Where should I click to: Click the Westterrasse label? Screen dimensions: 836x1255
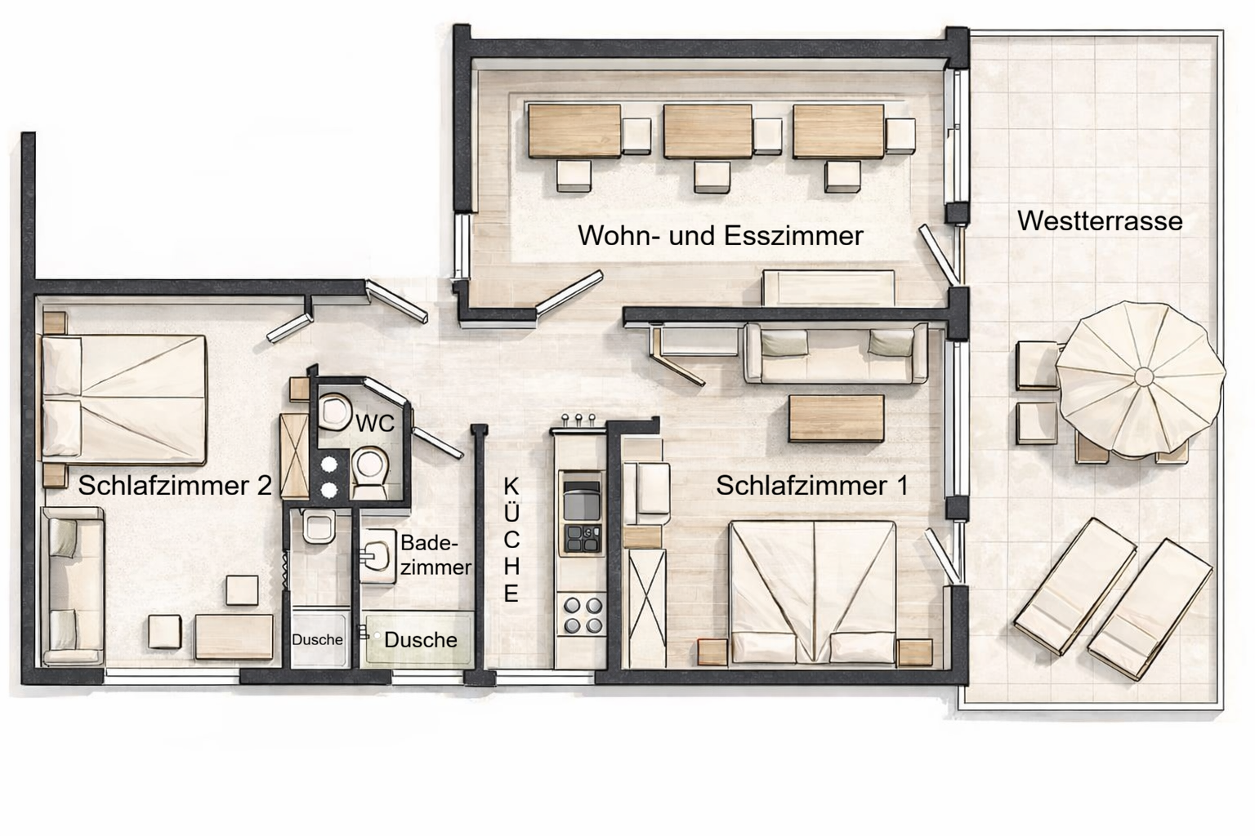pos(1100,221)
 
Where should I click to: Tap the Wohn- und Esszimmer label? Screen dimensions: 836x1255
pos(720,236)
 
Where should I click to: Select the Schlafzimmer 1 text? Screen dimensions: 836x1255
pos(812,486)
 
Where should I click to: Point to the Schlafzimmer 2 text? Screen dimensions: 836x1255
pos(175,486)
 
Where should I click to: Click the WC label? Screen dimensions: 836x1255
pos(375,423)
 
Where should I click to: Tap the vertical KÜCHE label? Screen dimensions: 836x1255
pos(511,540)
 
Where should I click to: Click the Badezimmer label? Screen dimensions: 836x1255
pos(435,555)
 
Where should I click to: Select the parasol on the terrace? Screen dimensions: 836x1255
pos(1141,377)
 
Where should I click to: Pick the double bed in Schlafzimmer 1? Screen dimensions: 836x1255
pos(813,589)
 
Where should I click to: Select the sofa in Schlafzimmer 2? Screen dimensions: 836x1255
pos(73,585)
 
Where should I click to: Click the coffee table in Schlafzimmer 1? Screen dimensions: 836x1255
pos(836,419)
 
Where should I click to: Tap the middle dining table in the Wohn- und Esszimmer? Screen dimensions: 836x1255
pos(708,131)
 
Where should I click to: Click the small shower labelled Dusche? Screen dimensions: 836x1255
pos(319,638)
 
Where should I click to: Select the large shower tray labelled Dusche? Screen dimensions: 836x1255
pos(418,638)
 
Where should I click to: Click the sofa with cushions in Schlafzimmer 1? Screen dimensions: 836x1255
pos(835,352)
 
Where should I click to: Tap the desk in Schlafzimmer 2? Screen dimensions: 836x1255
pos(234,637)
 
